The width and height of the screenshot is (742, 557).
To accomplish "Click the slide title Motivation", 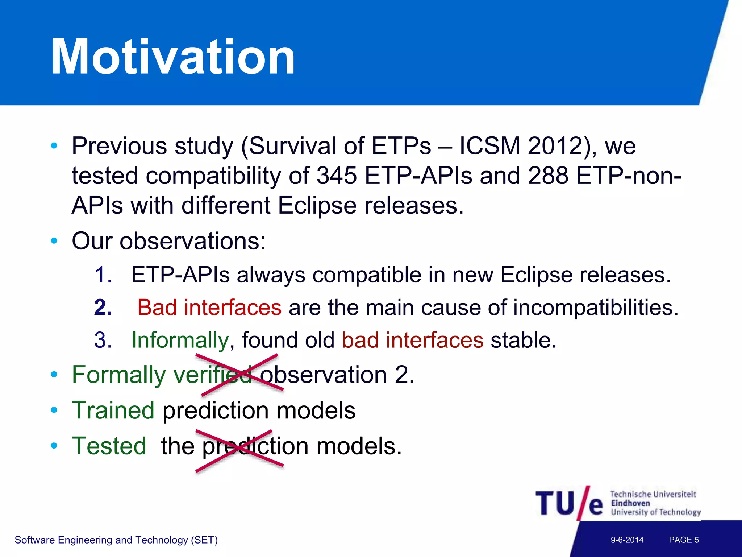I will click(x=173, y=57).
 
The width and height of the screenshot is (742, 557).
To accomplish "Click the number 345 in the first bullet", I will click(x=337, y=176).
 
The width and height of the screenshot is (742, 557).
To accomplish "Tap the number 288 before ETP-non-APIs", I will click(x=548, y=176).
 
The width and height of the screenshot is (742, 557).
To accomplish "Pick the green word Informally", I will click(x=180, y=340).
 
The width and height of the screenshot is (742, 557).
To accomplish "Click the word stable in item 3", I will click(x=523, y=340).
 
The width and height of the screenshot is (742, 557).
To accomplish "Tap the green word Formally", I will click(x=119, y=375).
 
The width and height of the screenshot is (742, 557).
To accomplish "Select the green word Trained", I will click(x=113, y=410).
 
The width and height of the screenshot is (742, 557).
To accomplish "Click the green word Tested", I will click(x=109, y=446).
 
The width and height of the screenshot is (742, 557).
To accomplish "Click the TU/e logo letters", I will click(x=569, y=503).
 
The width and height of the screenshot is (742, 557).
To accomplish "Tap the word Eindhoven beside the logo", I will click(x=630, y=503).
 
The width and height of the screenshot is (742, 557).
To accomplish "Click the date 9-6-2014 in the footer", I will click(x=627, y=540).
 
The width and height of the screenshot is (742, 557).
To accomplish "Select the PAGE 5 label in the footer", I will click(x=684, y=540).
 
